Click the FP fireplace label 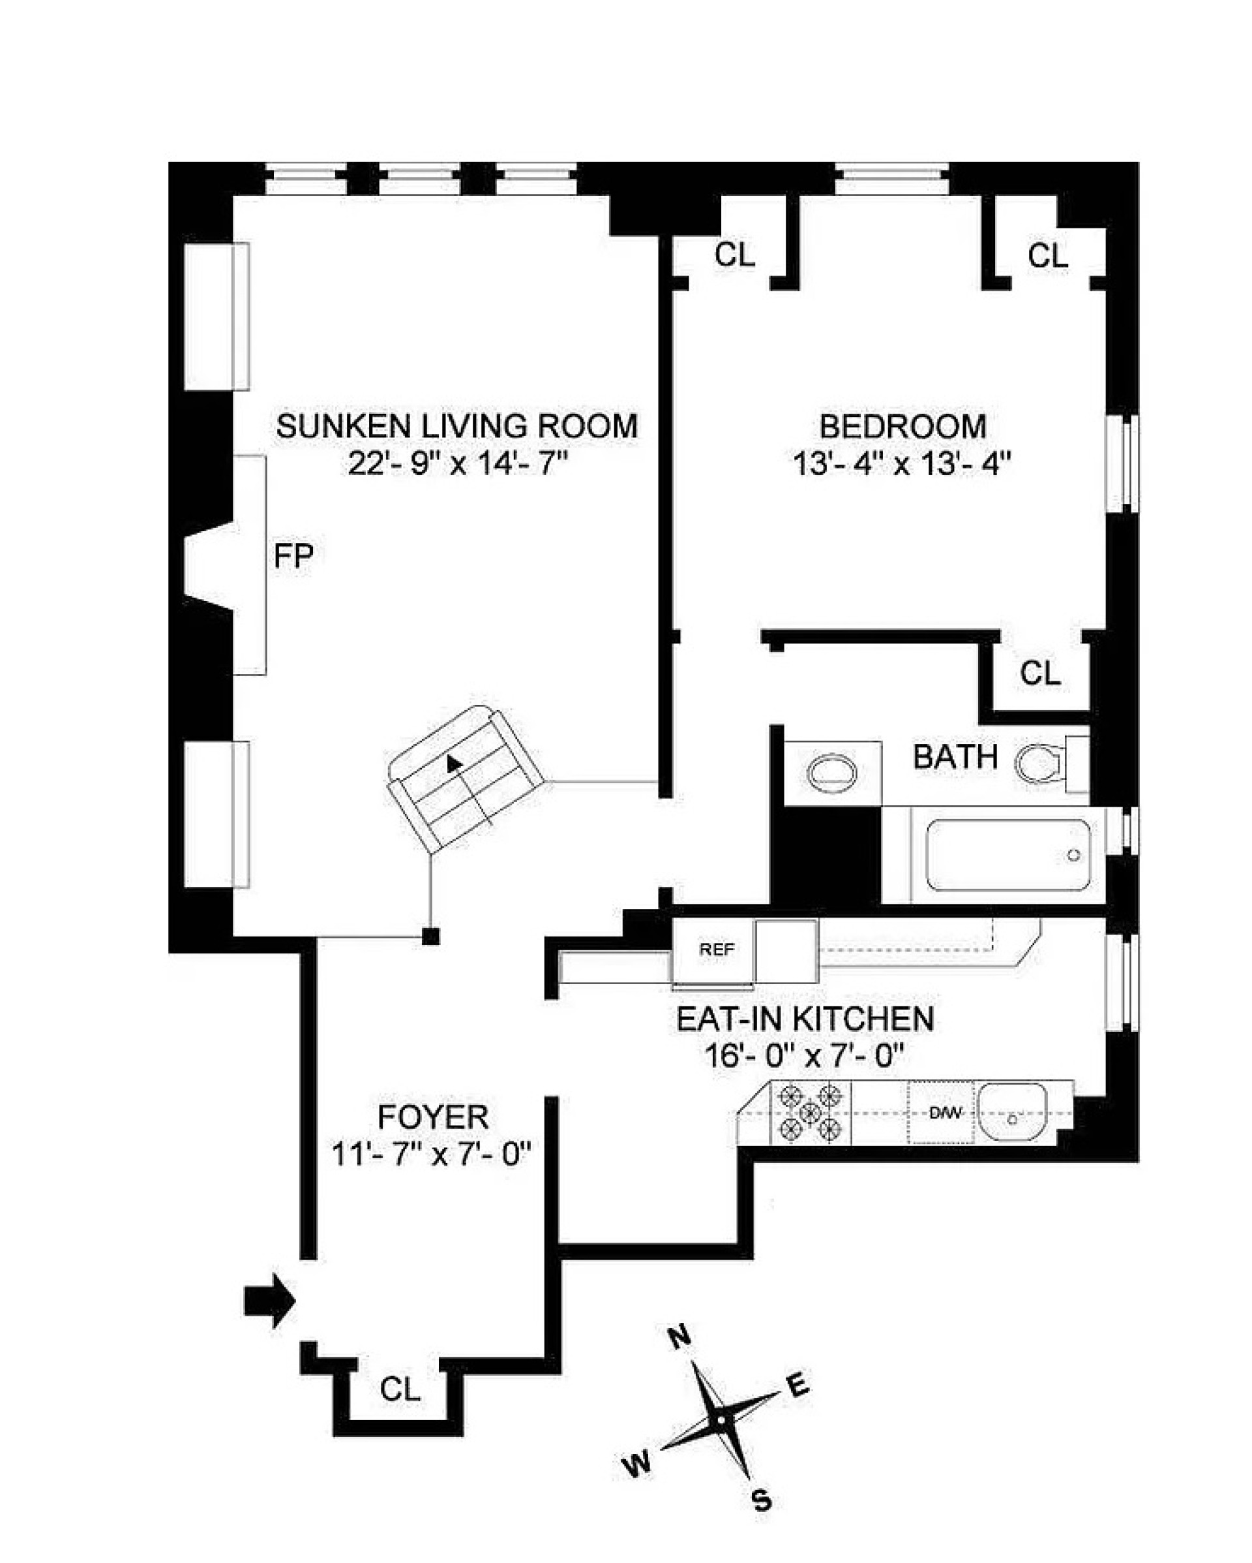click(293, 556)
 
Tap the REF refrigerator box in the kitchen click(716, 950)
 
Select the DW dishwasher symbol click(944, 1113)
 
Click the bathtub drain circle click(1073, 856)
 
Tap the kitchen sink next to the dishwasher click(1012, 1113)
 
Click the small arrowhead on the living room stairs click(454, 763)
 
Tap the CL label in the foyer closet click(400, 1390)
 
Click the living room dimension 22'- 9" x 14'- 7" click(456, 464)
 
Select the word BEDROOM click(902, 426)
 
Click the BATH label click(954, 758)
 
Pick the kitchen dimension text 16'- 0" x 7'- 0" click(804, 1057)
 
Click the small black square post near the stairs click(430, 936)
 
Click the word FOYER click(432, 1117)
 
